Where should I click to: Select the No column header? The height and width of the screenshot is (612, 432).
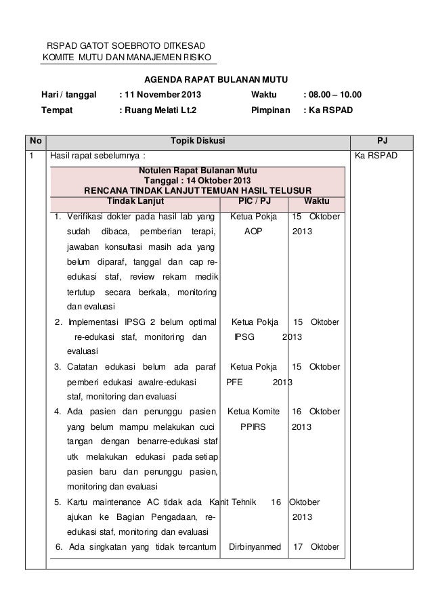tap(35, 141)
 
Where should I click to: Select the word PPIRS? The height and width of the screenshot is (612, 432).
tap(253, 428)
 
